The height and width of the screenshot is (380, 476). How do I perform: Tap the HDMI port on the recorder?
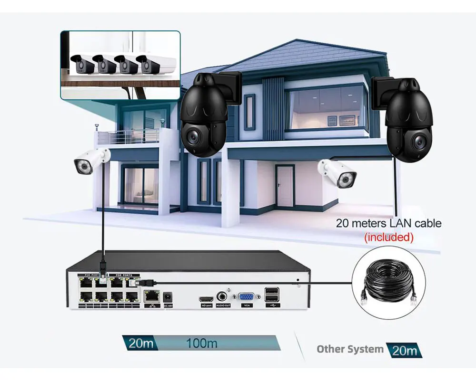(x=206, y=299)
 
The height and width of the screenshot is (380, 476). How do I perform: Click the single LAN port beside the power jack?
(x=152, y=296)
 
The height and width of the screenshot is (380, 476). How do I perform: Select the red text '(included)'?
(x=388, y=237)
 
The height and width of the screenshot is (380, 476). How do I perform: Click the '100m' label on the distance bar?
(x=201, y=343)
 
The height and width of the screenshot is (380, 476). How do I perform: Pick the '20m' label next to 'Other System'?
(x=404, y=351)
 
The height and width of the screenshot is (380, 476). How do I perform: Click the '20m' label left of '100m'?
(x=139, y=343)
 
